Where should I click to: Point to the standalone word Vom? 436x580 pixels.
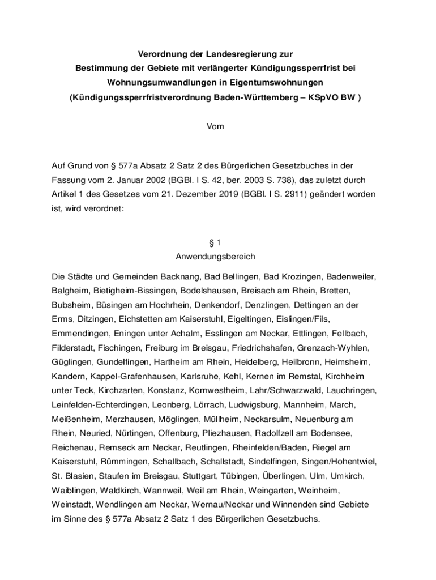click(215, 126)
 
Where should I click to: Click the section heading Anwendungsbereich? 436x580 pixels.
click(215, 257)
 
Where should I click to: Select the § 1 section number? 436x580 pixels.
click(215, 242)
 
